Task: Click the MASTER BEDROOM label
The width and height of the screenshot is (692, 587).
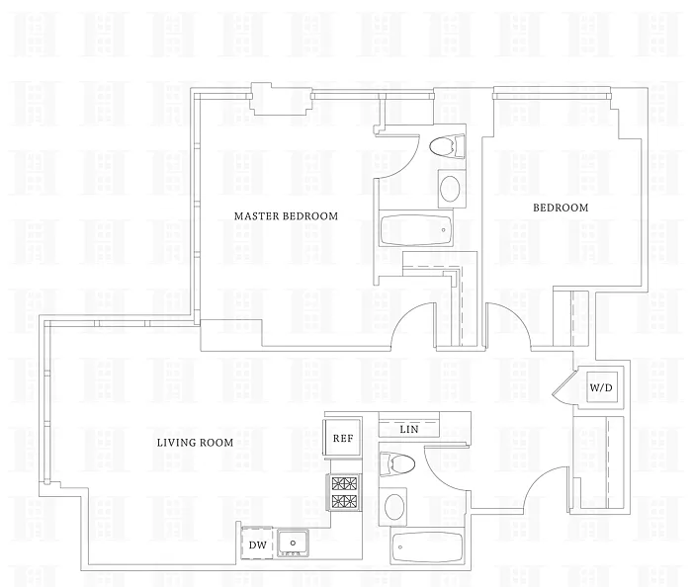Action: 286,216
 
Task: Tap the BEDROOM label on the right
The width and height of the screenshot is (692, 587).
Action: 561,208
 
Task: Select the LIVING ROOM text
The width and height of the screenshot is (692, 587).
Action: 196,443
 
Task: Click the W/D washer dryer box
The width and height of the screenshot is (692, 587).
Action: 602,388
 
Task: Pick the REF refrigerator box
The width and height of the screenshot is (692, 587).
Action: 342,438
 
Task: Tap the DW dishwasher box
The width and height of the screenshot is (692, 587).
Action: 257,545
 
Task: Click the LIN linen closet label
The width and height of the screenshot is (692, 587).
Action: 408,430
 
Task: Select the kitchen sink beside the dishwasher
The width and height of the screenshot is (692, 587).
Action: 294,544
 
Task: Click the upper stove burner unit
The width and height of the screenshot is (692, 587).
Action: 343,484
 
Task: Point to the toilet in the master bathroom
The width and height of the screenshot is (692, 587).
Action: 448,146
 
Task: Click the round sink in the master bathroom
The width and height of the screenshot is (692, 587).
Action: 450,189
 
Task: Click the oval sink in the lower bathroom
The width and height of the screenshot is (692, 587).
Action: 393,507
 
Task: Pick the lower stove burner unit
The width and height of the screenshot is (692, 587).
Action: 343,501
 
